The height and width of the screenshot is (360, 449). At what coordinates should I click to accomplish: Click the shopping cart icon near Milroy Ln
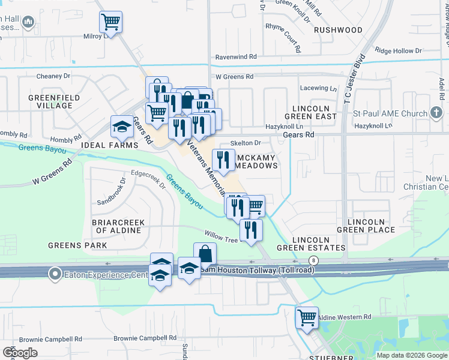(x=110, y=23)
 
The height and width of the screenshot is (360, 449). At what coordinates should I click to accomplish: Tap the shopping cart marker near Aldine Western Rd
(x=307, y=317)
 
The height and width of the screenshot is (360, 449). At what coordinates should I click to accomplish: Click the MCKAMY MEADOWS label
(x=257, y=161)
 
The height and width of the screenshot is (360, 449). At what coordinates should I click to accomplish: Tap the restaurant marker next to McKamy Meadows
(x=223, y=160)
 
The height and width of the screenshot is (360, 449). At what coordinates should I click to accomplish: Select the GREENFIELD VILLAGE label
(x=50, y=101)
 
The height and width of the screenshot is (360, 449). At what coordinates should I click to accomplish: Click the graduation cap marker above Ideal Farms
(x=122, y=127)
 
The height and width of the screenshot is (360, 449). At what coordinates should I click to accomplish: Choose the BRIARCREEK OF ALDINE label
(x=118, y=226)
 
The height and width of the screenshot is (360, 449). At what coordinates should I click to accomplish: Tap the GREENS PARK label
(x=77, y=245)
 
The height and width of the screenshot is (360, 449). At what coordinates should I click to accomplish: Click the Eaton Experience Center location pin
(x=55, y=274)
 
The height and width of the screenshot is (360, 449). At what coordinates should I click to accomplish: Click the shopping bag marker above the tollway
(x=205, y=254)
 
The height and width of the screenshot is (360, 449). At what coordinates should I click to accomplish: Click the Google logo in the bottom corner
(x=20, y=353)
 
